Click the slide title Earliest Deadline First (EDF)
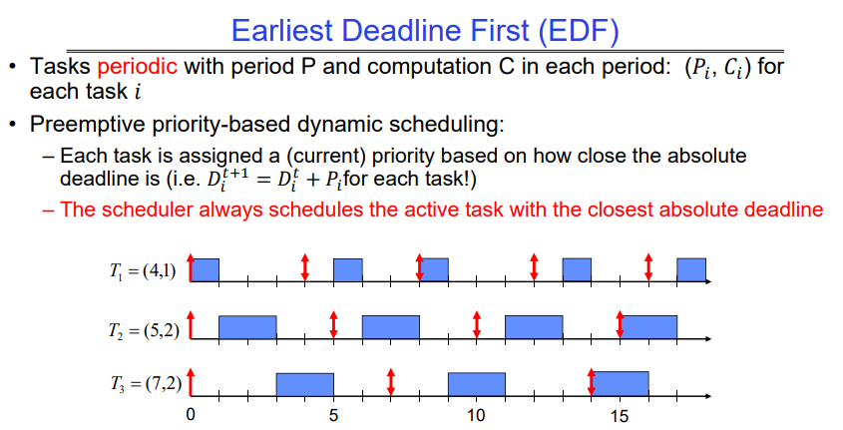pyautogui.click(x=425, y=31)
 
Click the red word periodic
pyautogui.click(x=137, y=67)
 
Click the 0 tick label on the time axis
pyautogui.click(x=191, y=415)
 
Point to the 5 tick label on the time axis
pyautogui.click(x=333, y=415)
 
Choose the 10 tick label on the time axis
pyautogui.click(x=476, y=415)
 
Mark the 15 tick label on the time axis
pyautogui.click(x=619, y=415)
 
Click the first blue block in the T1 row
pyautogui.click(x=205, y=269)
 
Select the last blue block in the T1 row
pyautogui.click(x=691, y=269)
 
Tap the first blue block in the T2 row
pyautogui.click(x=247, y=327)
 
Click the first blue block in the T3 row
pyautogui.click(x=305, y=385)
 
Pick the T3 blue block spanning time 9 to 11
pyautogui.click(x=476, y=385)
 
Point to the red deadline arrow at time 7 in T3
pyautogui.click(x=391, y=382)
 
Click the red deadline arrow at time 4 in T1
pyautogui.click(x=305, y=267)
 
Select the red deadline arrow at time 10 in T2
pyautogui.click(x=476, y=324)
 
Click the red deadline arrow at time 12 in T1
pyautogui.click(x=534, y=267)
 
